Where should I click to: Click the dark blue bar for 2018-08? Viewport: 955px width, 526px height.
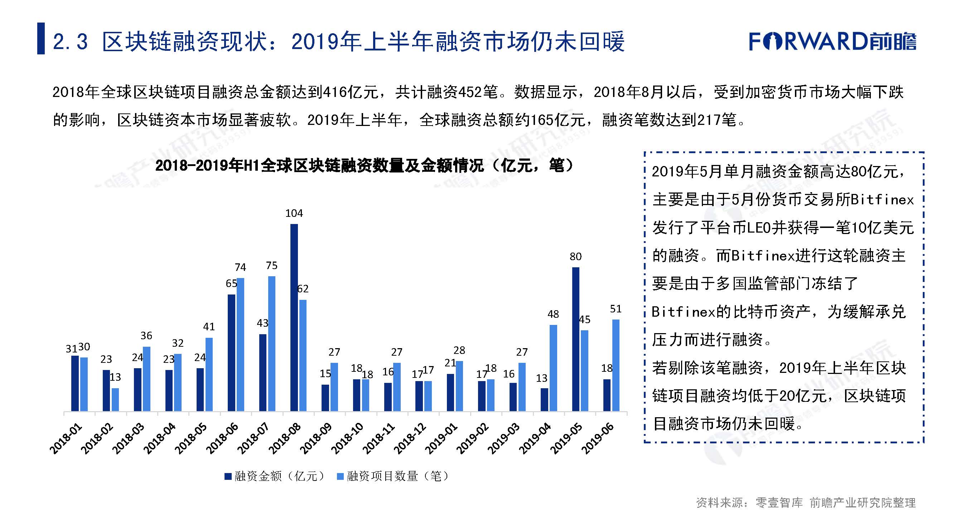click(x=294, y=317)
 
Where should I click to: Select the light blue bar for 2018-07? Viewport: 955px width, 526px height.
click(x=272, y=344)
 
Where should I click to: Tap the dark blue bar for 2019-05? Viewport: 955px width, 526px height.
click(x=575, y=339)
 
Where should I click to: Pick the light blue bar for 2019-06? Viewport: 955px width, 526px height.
click(x=616, y=365)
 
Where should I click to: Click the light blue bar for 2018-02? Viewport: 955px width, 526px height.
click(x=115, y=399)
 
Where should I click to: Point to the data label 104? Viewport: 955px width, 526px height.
click(x=294, y=213)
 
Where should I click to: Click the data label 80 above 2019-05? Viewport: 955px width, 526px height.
click(x=575, y=257)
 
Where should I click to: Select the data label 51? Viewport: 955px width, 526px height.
click(x=616, y=309)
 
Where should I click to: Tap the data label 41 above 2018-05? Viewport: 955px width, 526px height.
click(x=209, y=327)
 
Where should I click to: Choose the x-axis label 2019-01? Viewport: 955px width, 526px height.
click(x=441, y=439)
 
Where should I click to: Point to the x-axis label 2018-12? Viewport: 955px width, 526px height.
click(x=410, y=439)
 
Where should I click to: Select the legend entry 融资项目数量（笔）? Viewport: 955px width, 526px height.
click(x=393, y=476)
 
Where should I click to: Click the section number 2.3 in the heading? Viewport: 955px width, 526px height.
click(x=70, y=42)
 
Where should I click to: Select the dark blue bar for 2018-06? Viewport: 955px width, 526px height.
click(x=231, y=353)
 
